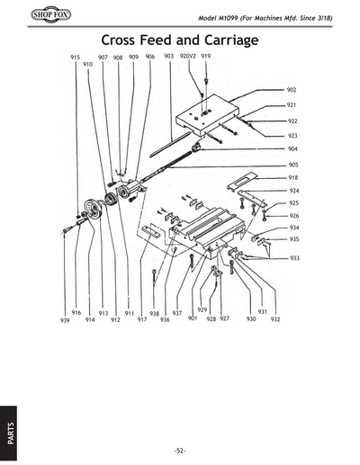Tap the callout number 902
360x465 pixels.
pos(292,91)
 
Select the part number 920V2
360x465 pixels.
pos(187,57)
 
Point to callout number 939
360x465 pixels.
pos(65,319)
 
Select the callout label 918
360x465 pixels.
pos(293,178)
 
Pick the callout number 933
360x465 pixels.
pos(295,258)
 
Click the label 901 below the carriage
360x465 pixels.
pos(193,318)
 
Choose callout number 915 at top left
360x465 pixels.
pos(76,57)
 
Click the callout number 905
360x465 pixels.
pos(293,165)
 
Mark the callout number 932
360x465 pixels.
pos(274,319)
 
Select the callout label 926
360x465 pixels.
pos(294,216)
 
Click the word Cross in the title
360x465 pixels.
pos(126,40)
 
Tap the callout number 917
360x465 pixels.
pos(142,319)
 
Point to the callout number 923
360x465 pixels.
pos(292,136)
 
